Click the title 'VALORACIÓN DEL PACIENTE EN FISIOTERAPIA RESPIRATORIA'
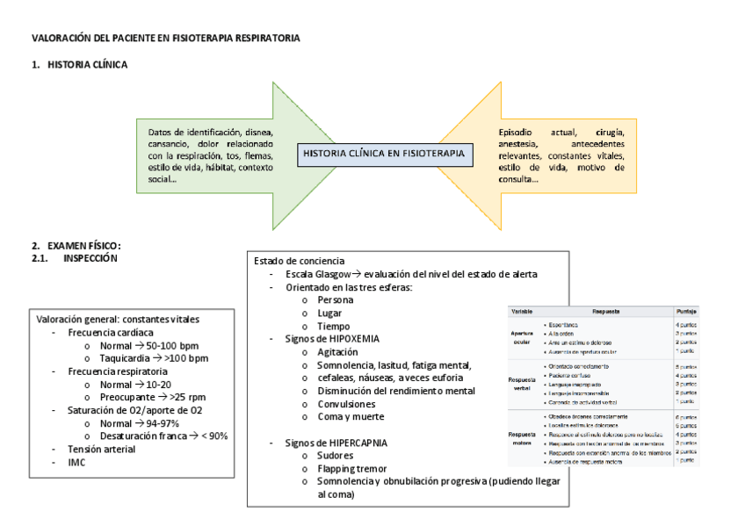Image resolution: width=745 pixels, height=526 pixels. pos(165,39)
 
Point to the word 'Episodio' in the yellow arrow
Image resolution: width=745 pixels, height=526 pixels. pos(517,132)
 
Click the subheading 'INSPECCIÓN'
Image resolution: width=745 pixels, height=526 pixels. pos(90,258)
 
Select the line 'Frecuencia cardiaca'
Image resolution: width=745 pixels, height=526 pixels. pos(111,334)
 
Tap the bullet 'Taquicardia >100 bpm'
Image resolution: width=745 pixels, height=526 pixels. pos(154,358)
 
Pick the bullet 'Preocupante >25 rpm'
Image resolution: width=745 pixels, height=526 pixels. pos(151,397)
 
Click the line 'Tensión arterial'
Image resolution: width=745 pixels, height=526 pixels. pos(102,449)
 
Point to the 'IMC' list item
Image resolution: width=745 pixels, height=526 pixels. pos(77,462)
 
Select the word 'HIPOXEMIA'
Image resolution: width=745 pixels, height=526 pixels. pos(355,338)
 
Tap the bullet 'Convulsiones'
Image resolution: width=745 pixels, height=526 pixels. pos(347,404)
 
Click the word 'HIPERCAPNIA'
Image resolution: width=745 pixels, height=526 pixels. pos(358,443)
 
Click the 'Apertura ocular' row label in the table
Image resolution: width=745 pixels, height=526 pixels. pos(523,337)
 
